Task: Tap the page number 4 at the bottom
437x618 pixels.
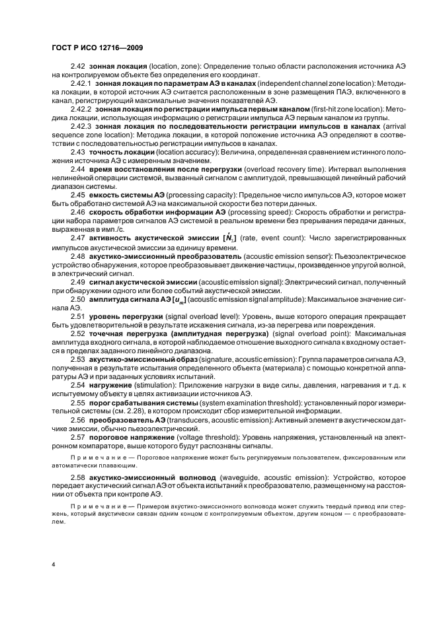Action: [x=53, y=565]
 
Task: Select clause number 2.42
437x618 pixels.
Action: [x=78, y=67]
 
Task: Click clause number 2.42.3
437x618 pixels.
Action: [x=81, y=125]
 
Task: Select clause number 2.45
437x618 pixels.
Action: [x=78, y=195]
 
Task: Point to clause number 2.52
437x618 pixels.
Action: [x=78, y=333]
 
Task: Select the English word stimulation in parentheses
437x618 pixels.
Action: [x=157, y=384]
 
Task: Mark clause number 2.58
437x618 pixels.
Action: [x=78, y=476]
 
